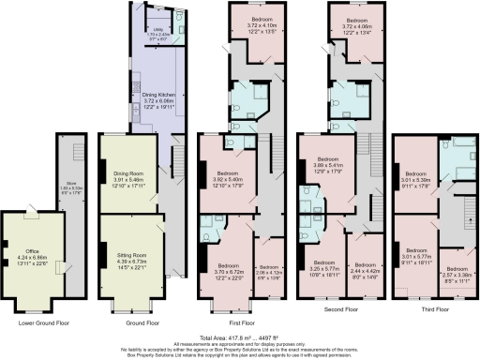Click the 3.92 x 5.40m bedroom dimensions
click(229, 178)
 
